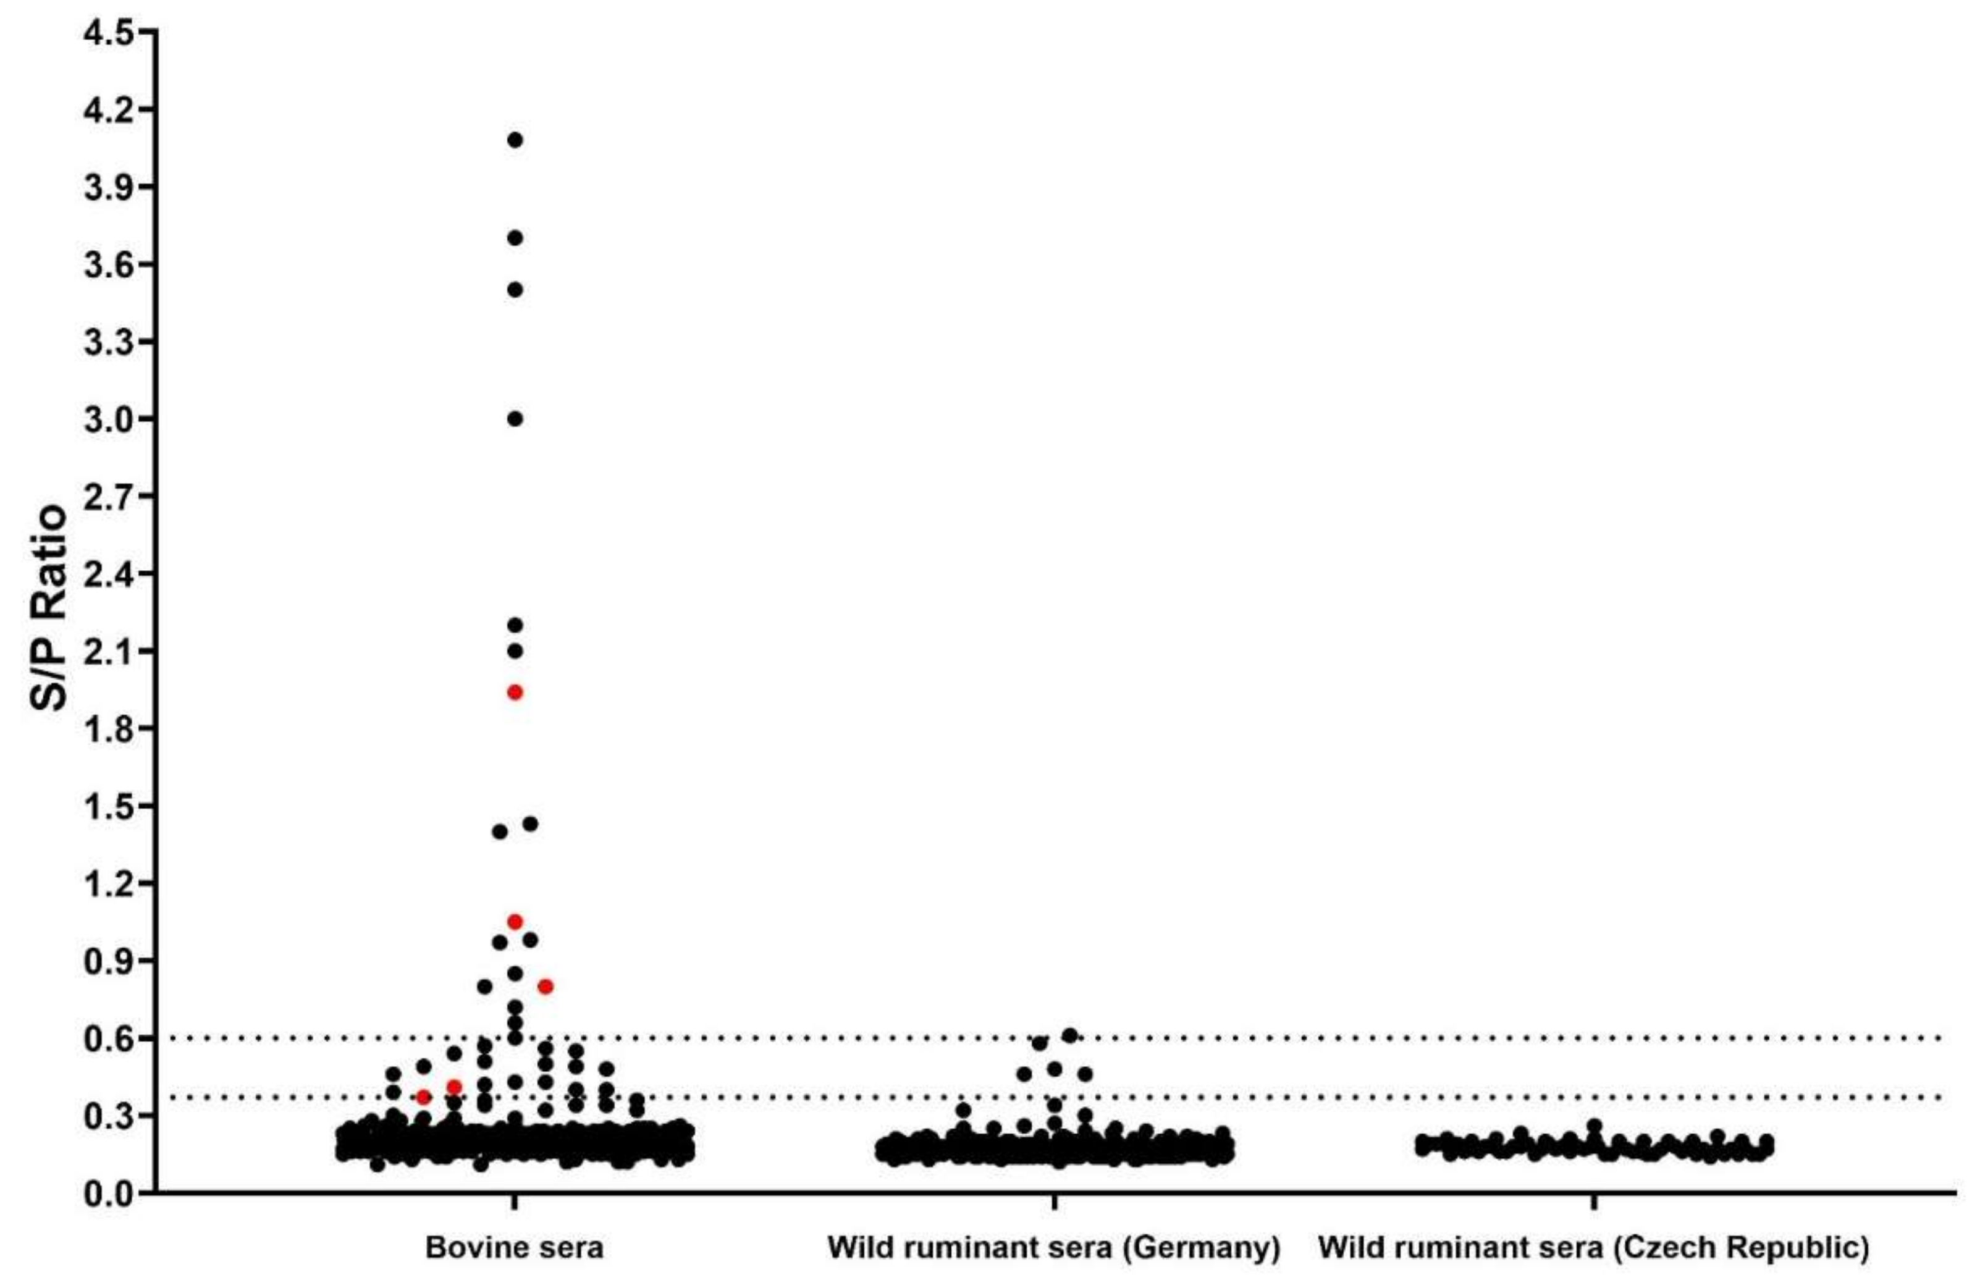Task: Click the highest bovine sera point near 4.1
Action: [515, 140]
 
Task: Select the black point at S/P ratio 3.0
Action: [515, 418]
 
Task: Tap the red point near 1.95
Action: [515, 692]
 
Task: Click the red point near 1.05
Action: [515, 921]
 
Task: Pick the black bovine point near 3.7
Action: [515, 238]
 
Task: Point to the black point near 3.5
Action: [515, 289]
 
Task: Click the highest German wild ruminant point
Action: [1069, 1035]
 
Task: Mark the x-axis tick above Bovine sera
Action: [515, 1203]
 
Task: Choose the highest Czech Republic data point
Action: [1594, 1127]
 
